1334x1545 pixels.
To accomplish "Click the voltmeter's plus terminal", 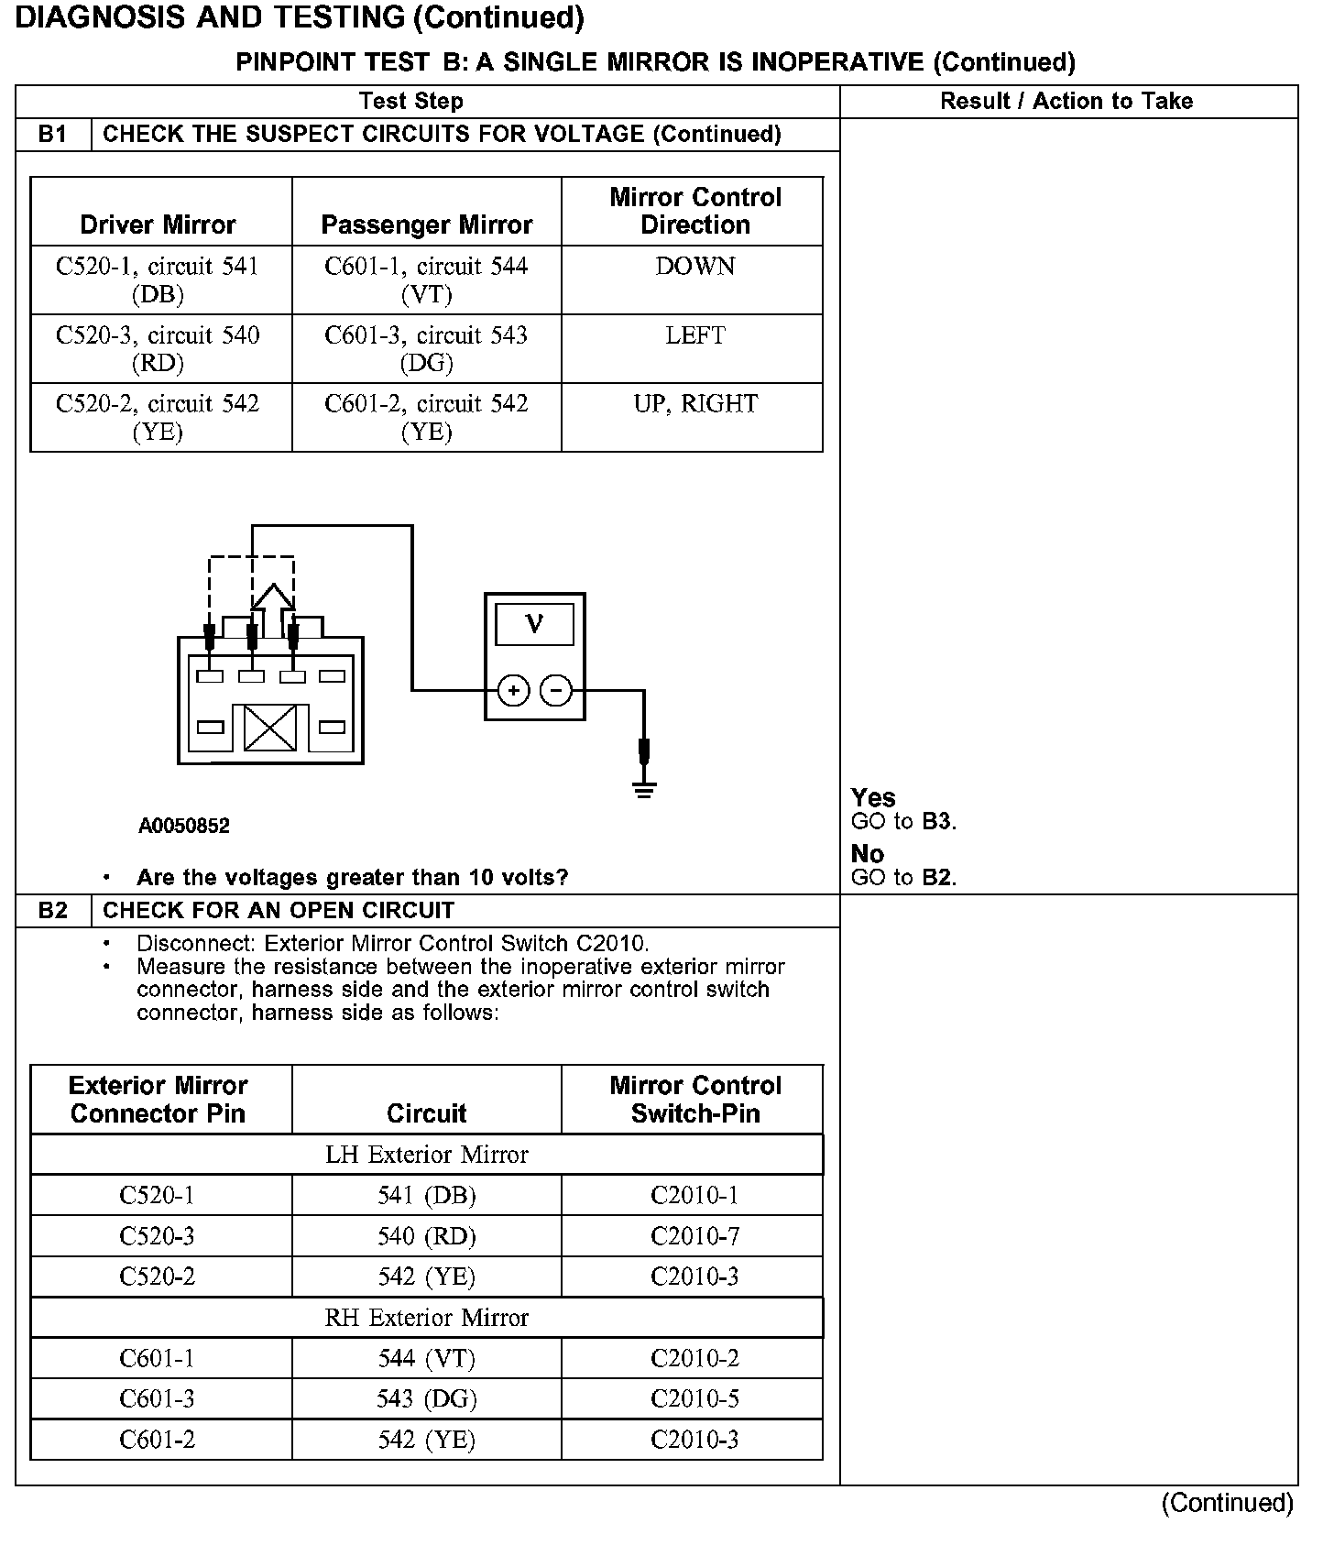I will (513, 690).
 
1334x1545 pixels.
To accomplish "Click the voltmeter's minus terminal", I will (556, 690).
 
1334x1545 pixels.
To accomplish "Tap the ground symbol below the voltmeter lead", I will (644, 790).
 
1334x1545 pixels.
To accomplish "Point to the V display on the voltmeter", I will (534, 625).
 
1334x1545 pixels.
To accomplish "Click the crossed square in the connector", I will (270, 728).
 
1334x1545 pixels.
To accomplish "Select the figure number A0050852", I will (184, 826).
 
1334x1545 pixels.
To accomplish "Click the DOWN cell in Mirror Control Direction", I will (694, 267).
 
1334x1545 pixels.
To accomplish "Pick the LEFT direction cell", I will (694, 335).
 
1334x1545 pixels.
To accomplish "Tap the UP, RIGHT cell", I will (694, 404).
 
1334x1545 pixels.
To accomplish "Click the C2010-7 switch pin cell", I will (694, 1236).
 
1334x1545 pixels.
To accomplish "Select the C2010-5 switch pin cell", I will (694, 1399).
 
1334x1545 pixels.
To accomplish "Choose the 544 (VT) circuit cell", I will (426, 1358).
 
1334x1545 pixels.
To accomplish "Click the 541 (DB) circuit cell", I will (426, 1195).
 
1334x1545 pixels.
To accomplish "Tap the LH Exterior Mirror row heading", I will (426, 1155).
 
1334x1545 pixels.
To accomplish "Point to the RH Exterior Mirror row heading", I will (426, 1318).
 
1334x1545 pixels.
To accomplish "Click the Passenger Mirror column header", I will (426, 225).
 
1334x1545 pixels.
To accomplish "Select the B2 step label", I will (53, 910).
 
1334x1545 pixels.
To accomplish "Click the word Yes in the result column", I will (872, 797).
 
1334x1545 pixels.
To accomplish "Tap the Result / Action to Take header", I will (1066, 101).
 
